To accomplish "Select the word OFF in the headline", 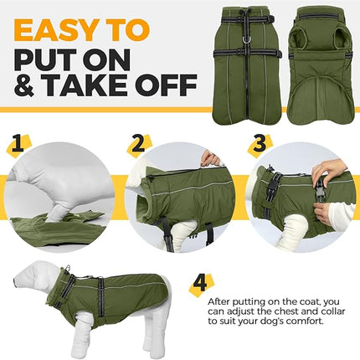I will coord(168,85).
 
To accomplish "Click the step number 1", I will coord(19,144).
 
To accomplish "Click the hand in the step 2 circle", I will coord(212,157).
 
